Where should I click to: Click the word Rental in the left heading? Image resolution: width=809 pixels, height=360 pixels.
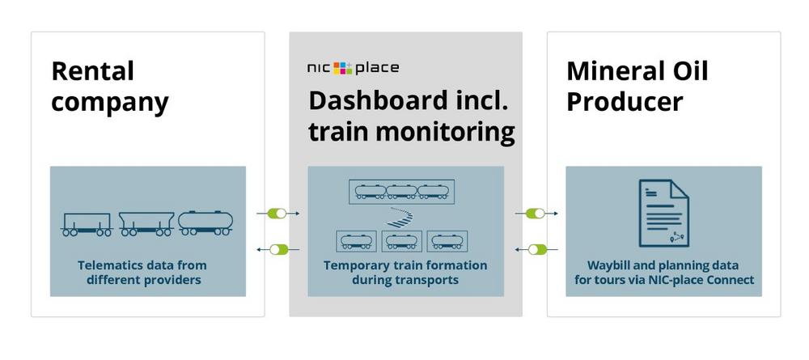point(93,71)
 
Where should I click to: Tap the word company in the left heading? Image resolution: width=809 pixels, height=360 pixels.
point(110,103)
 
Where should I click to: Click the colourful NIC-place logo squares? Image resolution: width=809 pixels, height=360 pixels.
point(342,68)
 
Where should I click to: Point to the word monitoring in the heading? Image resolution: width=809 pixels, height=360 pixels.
point(445,132)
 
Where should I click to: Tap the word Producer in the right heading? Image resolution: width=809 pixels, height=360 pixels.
point(625,102)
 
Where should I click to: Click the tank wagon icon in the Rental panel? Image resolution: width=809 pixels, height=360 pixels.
point(205,222)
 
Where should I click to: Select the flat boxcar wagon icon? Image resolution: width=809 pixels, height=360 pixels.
point(87,224)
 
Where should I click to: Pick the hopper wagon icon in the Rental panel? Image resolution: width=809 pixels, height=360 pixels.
point(146,224)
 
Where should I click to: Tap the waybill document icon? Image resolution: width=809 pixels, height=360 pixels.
point(664,213)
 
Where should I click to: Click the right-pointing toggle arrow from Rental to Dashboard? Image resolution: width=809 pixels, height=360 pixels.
point(278,213)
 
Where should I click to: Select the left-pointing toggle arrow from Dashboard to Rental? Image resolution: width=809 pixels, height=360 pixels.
point(278,250)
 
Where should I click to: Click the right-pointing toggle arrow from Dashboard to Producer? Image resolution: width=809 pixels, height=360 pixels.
point(536,213)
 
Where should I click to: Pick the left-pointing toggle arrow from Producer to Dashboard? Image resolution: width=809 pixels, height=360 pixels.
point(536,250)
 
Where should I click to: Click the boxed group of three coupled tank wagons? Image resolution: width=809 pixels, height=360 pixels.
point(401,192)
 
